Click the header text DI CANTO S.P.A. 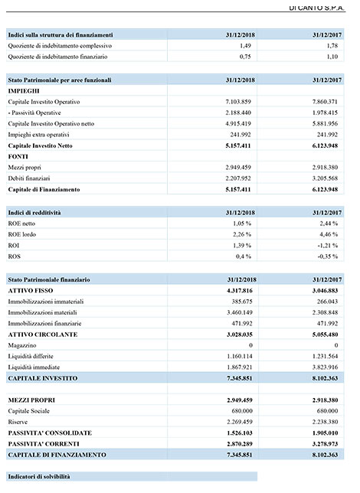pos(316,8)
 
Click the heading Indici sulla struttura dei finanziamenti pos(61,35)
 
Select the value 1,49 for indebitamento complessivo pos(245,46)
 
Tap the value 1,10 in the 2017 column pos(332,57)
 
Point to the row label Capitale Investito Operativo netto pos(51,124)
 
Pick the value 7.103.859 pos(238,102)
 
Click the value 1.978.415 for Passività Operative pos(325,113)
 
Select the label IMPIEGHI pos(24,91)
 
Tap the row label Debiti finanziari pos(29,178)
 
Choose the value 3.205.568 pos(325,178)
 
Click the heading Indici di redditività pos(34,213)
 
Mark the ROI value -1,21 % pos(328,246)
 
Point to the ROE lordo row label pos(22,234)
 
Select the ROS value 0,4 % pos(244,256)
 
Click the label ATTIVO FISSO pos(31,291)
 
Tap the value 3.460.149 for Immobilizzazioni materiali pos(240,313)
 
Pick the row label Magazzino pos(22,345)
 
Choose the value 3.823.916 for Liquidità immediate pos(325,367)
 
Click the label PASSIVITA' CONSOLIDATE pos(50,433)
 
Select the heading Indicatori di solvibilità pos(39,477)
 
